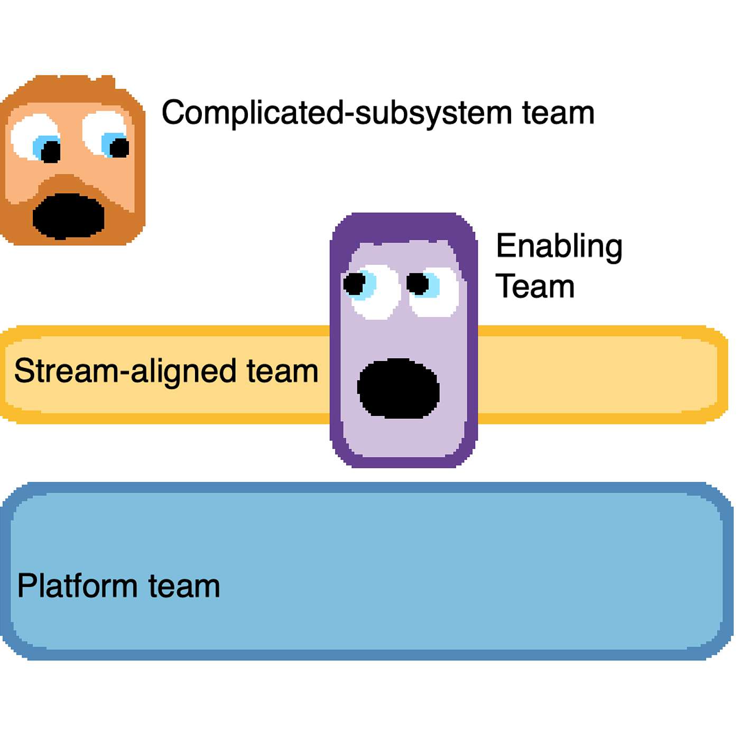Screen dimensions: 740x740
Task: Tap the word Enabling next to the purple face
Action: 559,246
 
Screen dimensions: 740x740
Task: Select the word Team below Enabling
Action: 534,287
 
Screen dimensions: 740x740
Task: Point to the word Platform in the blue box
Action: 77,586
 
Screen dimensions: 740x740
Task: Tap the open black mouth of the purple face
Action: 398,388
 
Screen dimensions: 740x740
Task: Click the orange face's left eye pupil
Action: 51,152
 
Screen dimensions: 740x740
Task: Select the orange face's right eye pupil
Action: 119,147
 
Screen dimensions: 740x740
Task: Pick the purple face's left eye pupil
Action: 354,284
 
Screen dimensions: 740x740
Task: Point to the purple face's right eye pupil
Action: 418,284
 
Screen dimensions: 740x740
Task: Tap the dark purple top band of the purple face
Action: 404,227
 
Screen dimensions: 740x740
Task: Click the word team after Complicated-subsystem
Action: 558,113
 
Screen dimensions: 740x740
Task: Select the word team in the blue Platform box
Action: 183,586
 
